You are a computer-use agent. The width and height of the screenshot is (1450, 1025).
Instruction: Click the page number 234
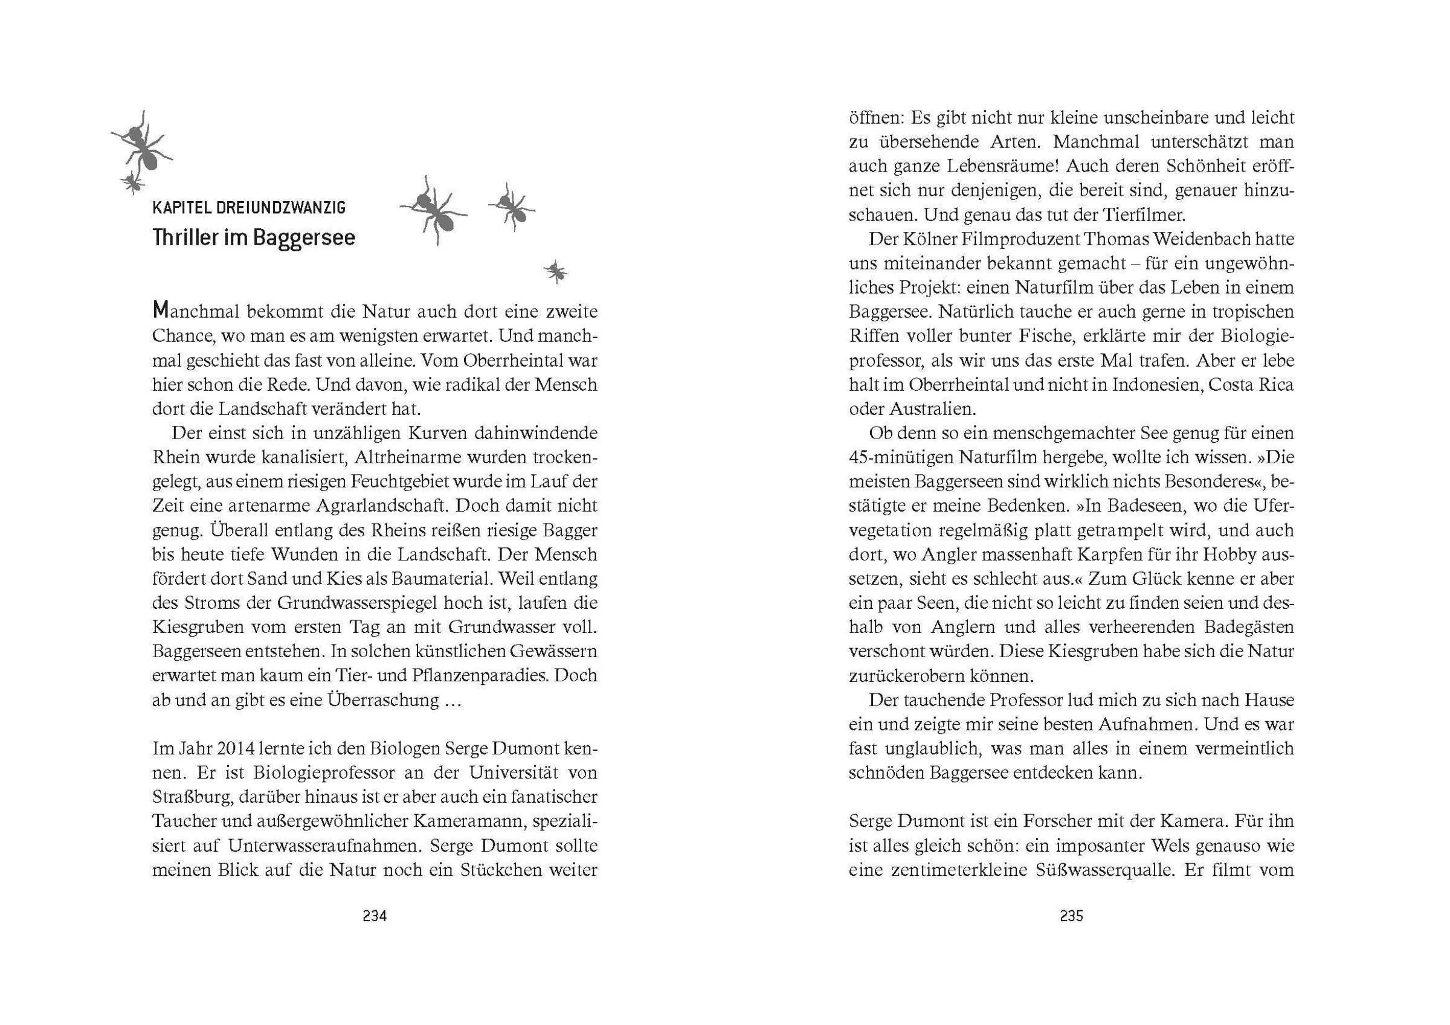(375, 916)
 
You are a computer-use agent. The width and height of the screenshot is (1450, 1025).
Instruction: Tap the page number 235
(1071, 916)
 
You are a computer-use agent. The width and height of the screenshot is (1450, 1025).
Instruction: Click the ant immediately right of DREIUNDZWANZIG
(433, 210)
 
